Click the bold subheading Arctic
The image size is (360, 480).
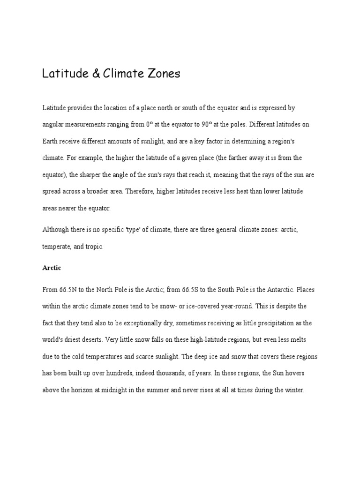coord(52,268)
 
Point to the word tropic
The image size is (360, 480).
coord(92,247)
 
